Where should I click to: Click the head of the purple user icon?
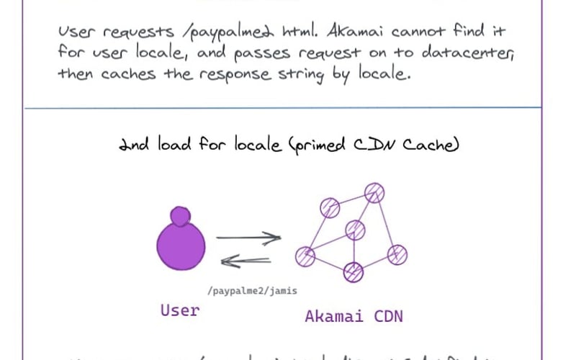click(x=180, y=215)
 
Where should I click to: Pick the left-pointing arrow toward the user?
click(x=246, y=261)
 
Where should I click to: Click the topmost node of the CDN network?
click(x=374, y=192)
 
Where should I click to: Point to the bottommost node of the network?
click(x=354, y=271)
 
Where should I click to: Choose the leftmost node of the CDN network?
click(x=305, y=256)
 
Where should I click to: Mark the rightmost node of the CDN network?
click(x=397, y=254)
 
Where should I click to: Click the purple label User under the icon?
click(x=179, y=310)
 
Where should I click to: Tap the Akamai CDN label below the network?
click(x=354, y=316)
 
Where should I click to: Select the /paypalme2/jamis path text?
click(x=251, y=291)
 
